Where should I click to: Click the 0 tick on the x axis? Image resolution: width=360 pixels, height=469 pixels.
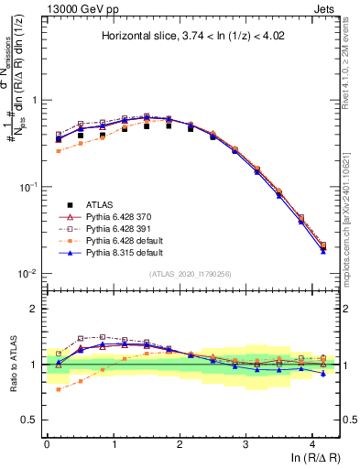point(47,443)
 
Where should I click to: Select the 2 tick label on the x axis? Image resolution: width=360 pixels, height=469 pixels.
point(180,443)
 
